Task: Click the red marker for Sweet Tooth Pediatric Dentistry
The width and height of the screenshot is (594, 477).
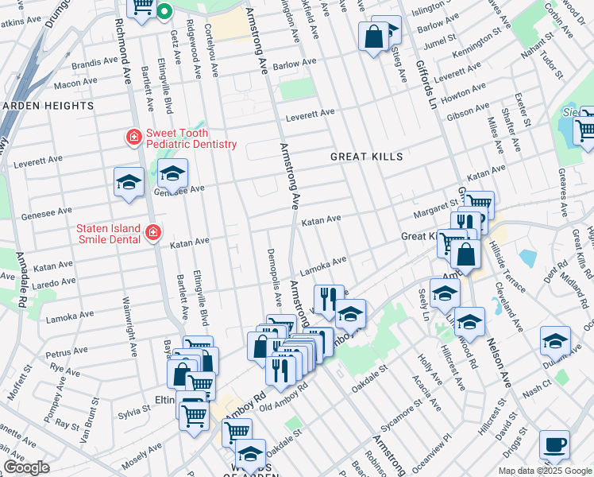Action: click(x=133, y=138)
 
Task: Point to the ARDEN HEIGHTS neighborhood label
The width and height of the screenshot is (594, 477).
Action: click(x=48, y=106)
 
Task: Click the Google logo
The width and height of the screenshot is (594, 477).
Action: click(x=26, y=467)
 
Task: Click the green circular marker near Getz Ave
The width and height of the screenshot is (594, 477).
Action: click(x=164, y=11)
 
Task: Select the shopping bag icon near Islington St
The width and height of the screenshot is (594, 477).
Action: click(x=373, y=36)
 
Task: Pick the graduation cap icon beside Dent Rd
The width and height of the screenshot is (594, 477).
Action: click(x=554, y=340)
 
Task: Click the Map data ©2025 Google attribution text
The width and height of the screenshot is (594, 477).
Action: click(x=544, y=471)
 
